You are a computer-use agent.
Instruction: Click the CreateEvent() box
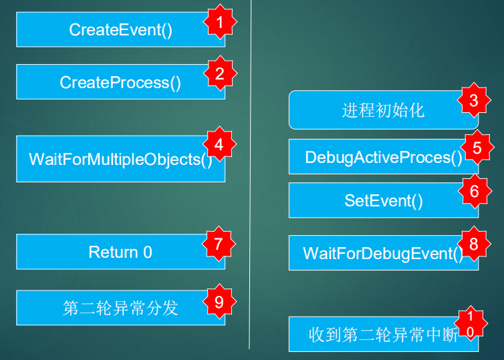[120, 29]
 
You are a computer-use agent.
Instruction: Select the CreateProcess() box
[120, 82]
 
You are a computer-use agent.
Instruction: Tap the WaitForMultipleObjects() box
[120, 159]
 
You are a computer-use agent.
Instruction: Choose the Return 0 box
[120, 252]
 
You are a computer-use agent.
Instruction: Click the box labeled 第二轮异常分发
[120, 308]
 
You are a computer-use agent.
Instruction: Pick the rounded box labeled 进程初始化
[384, 110]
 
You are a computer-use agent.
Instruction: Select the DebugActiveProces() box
[384, 157]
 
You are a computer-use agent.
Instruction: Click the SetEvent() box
[384, 200]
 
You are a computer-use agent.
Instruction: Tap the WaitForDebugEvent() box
[384, 253]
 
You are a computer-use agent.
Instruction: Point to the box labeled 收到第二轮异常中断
[384, 335]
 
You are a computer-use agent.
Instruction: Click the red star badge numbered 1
[220, 22]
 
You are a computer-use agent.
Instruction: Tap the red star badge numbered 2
[220, 73]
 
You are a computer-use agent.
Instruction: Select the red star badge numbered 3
[474, 100]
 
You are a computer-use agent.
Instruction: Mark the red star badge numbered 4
[219, 144]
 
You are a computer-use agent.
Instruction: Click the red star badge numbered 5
[477, 148]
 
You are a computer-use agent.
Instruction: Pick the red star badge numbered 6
[475, 191]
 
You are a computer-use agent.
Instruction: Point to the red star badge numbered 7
[219, 244]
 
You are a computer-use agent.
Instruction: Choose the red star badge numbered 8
[474, 244]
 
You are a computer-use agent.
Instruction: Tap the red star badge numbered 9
[219, 301]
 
